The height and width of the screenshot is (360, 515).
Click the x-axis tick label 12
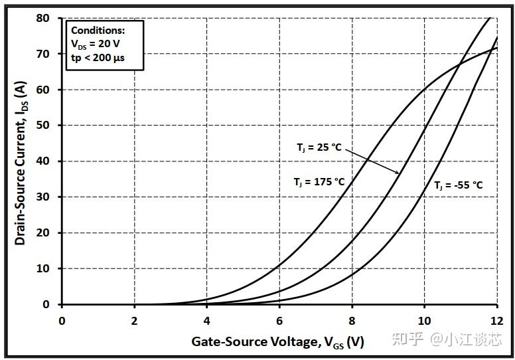pos(496,319)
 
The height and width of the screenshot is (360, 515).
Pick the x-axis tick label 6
pos(279,319)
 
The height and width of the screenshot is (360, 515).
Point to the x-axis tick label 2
pos(135,319)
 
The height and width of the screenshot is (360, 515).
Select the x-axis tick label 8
pos(352,319)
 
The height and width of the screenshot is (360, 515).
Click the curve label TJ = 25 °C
pos(319,147)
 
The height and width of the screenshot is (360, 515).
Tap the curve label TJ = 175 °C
pos(319,181)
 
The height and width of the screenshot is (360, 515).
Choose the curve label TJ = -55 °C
pos(459,185)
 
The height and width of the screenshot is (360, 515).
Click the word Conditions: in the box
pos(98,31)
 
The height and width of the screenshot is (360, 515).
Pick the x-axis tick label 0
pos(62,319)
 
